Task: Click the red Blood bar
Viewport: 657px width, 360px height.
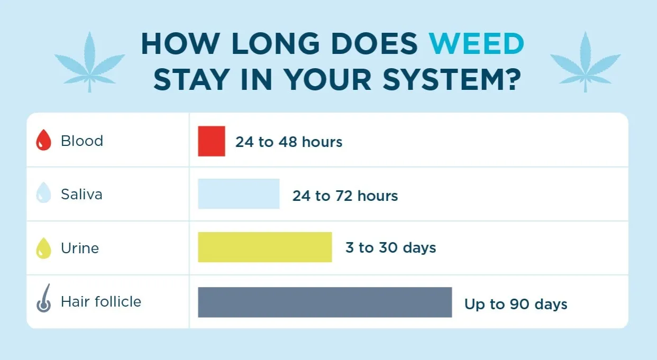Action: (212, 141)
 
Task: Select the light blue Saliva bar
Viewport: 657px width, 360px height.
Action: (239, 194)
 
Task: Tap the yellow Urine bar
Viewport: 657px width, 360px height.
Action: (264, 247)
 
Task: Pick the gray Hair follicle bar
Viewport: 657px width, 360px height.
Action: (325, 302)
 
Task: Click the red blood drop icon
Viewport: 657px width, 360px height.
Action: (43, 142)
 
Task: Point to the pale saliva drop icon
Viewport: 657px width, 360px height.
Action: (43, 195)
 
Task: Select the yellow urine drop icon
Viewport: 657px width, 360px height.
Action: (43, 248)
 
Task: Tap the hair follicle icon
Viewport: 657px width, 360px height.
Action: (43, 299)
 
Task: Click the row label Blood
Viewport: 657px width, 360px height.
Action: (82, 141)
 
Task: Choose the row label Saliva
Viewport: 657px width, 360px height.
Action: (81, 195)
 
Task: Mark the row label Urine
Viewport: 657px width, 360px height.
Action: (80, 248)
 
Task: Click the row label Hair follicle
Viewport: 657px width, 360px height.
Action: (101, 302)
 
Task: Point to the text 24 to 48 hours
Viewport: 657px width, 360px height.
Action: (289, 142)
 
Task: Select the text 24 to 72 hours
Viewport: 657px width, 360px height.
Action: (345, 196)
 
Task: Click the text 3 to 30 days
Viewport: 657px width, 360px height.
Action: (390, 248)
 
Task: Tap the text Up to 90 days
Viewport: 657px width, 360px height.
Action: (516, 304)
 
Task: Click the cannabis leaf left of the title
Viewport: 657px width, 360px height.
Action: (89, 61)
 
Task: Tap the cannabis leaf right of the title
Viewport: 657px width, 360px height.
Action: (586, 61)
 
